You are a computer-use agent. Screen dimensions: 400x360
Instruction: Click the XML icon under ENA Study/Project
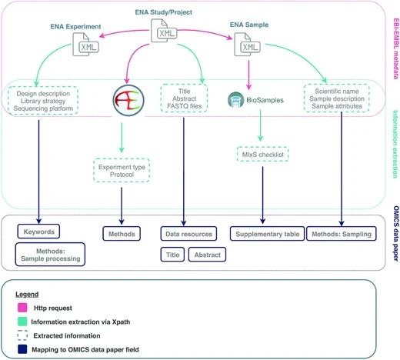tap(164, 31)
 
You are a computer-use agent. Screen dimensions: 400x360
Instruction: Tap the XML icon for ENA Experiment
tap(85, 45)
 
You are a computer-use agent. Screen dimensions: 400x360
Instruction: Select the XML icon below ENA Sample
tap(247, 45)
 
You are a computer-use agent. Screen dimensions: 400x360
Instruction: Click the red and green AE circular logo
tap(128, 101)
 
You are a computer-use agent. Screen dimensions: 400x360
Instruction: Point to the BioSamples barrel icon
tap(235, 100)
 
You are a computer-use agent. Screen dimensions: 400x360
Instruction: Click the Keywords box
tap(38, 232)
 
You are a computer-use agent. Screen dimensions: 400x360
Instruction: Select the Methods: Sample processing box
tap(50, 255)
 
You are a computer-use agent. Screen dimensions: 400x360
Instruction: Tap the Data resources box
tap(188, 234)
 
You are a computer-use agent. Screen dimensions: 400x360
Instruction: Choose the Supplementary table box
tap(267, 234)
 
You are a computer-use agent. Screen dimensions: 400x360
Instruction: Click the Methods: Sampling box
tap(342, 234)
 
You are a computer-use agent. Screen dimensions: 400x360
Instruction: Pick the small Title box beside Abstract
tap(172, 255)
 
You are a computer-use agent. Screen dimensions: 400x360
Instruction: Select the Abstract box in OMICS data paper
tap(207, 255)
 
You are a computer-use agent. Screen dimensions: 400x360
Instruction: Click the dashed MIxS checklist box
tap(263, 155)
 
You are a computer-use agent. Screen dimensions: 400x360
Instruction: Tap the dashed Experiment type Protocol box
tap(122, 171)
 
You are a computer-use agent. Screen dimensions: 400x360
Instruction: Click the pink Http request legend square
tap(22, 308)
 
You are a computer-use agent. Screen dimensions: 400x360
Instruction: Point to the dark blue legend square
tap(22, 349)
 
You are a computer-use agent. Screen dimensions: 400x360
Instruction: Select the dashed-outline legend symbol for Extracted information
tap(22, 335)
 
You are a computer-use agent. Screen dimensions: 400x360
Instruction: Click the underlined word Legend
tap(27, 294)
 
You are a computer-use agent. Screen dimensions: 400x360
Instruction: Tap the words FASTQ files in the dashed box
tap(185, 106)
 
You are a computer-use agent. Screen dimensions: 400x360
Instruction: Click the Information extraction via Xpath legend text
tap(81, 322)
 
